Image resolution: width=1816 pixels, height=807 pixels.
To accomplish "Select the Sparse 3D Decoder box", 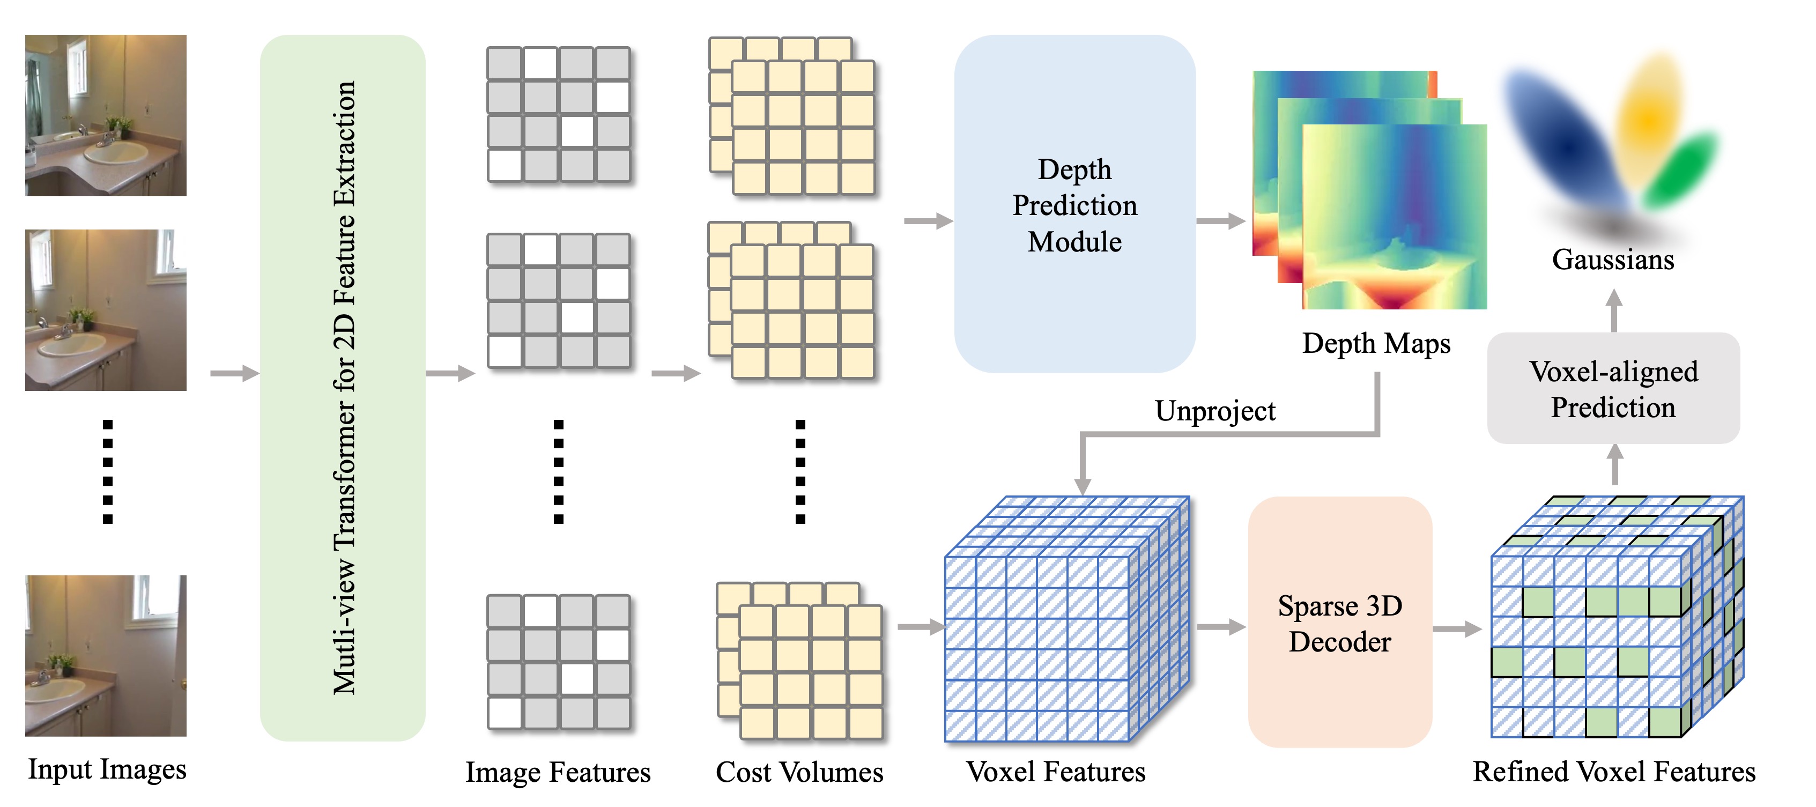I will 1339,623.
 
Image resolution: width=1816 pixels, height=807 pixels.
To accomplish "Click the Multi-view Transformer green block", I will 343,388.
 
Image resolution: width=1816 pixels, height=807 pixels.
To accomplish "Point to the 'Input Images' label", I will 107,769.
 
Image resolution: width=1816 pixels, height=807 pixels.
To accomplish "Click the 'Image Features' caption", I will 558,772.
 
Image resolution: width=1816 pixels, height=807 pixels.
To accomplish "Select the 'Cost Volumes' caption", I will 799,772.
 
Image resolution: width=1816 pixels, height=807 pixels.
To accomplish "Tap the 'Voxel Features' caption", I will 1055,772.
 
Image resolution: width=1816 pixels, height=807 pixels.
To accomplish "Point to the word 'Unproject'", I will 1214,411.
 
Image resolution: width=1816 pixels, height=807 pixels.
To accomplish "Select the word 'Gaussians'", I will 1613,260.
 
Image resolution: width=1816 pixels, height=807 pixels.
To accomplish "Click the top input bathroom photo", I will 106,115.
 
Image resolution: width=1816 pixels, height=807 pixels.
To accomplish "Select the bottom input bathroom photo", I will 106,655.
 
